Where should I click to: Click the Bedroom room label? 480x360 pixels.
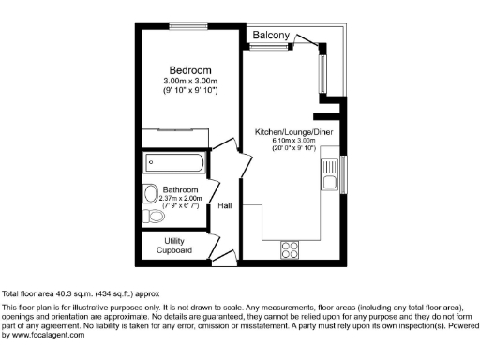[189, 70]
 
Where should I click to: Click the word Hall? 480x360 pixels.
[225, 205]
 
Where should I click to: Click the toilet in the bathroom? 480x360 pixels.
[156, 217]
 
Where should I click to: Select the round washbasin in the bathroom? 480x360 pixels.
[151, 194]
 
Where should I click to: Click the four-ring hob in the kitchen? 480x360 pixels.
[290, 249]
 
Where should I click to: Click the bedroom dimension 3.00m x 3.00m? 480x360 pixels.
[189, 82]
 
